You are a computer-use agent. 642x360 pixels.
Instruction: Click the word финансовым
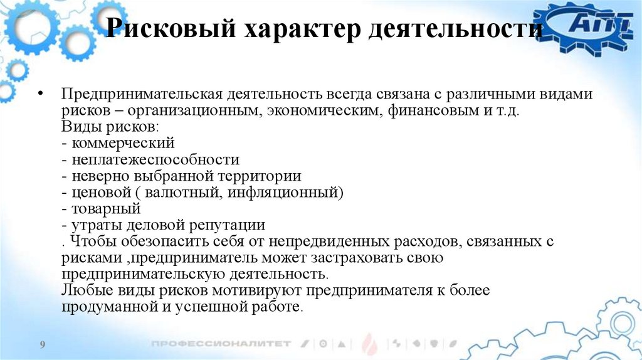[419, 111]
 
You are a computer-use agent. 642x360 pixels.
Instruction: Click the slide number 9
[43, 345]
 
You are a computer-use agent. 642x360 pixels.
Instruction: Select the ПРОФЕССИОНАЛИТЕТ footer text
[221, 344]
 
